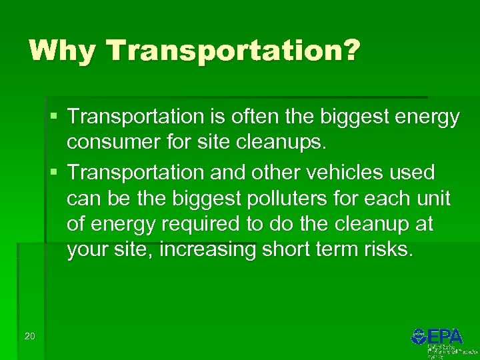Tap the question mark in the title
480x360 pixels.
[x=351, y=50]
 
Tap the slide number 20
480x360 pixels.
[x=29, y=335]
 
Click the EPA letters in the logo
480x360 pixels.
[x=446, y=336]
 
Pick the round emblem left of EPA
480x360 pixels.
[x=419, y=336]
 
